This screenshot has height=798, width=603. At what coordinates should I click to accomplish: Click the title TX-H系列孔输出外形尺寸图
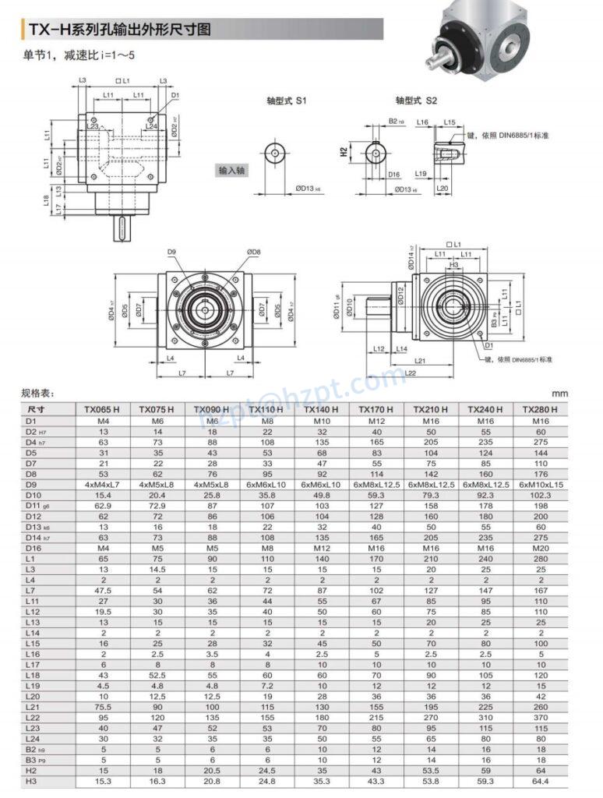tap(120, 30)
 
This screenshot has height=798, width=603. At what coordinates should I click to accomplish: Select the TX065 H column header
tap(101, 409)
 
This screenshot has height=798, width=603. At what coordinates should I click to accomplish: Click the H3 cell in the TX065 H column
tap(101, 781)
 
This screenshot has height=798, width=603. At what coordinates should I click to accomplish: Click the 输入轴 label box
tap(231, 170)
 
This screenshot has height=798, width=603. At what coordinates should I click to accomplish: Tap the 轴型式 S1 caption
tap(287, 101)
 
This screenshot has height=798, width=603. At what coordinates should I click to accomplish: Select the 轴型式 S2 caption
tap(416, 101)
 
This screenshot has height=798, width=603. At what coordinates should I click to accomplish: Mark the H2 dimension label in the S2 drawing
tap(344, 153)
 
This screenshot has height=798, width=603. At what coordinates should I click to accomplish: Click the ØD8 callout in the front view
tap(253, 252)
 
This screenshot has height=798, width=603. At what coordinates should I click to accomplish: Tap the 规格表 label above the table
tap(38, 394)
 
